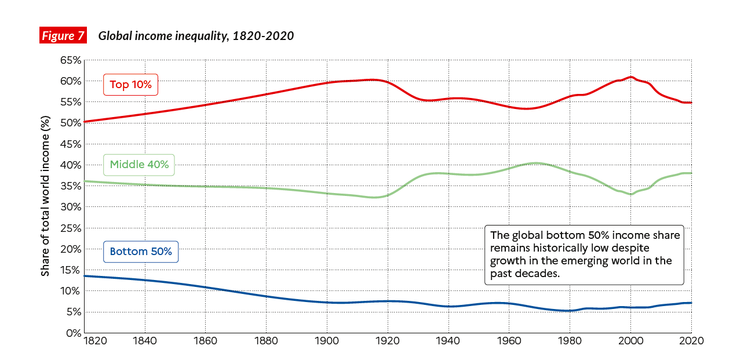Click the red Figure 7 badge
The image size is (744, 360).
pyautogui.click(x=63, y=36)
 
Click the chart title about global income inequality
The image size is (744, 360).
pyautogui.click(x=196, y=36)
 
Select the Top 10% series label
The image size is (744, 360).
pyautogui.click(x=130, y=85)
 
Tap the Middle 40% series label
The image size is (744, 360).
pyautogui.click(x=139, y=165)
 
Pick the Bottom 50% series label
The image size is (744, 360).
pyautogui.click(x=141, y=252)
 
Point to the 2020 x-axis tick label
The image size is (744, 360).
pyautogui.click(x=691, y=341)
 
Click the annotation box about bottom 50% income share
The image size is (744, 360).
pyautogui.click(x=584, y=254)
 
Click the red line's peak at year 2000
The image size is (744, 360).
pyautogui.click(x=631, y=77)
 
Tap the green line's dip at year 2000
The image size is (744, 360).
pyautogui.click(x=631, y=194)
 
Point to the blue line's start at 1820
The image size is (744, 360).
pyautogui.click(x=85, y=276)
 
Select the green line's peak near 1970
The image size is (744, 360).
pyautogui.click(x=536, y=163)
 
